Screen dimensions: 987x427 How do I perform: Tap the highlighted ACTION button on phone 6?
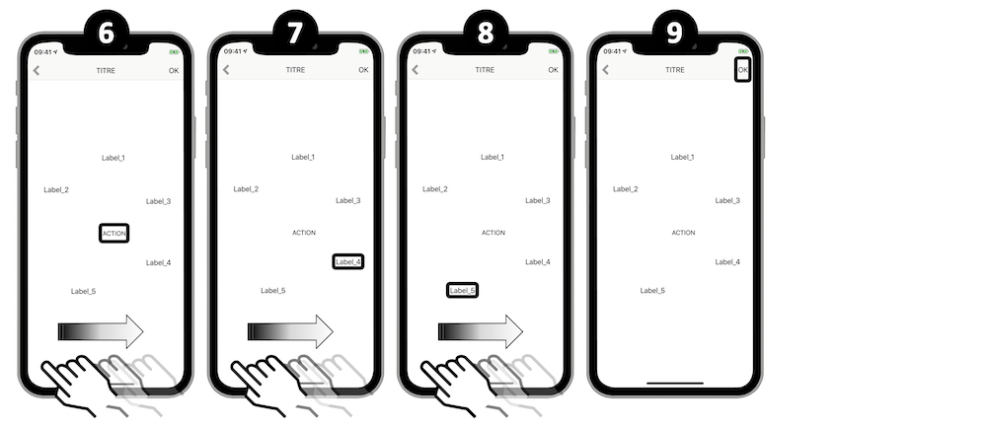[114, 234]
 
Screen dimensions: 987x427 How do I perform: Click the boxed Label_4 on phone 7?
[348, 261]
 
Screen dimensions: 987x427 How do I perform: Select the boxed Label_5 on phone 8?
[462, 290]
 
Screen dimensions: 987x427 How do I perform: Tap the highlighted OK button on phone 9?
[743, 70]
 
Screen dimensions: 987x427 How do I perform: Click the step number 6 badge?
[107, 33]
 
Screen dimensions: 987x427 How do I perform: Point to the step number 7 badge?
[295, 33]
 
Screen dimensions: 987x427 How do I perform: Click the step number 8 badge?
[486, 33]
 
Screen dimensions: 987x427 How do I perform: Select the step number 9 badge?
[675, 33]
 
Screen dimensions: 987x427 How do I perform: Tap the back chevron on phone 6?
[37, 70]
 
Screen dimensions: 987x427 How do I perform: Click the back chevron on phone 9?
[606, 70]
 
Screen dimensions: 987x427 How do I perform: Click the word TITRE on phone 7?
[295, 70]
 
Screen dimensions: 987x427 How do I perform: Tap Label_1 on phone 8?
[493, 157]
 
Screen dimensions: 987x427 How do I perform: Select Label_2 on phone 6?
[56, 190]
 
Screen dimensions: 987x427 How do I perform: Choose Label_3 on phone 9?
[727, 200]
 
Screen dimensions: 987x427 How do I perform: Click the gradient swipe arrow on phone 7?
[290, 331]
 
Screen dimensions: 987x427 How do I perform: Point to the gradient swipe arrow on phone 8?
[481, 331]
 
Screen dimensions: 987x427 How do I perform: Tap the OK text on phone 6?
[174, 70]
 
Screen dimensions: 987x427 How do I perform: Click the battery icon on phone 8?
[554, 51]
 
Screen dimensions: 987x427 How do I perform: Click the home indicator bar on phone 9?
[675, 383]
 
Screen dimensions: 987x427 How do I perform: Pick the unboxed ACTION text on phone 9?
[683, 233]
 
